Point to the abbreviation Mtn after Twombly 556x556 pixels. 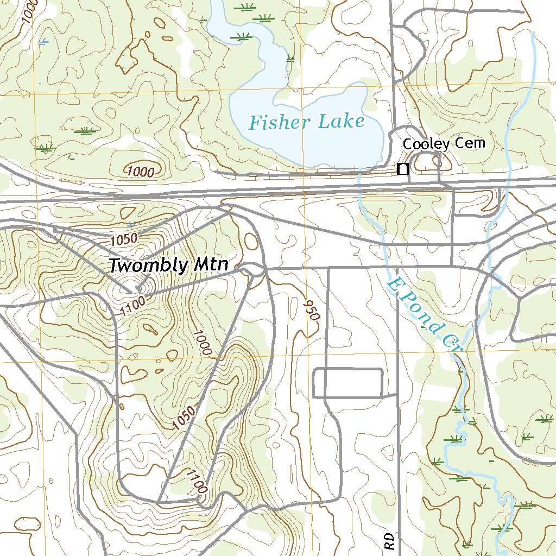210,266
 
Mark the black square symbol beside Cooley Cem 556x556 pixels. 402,169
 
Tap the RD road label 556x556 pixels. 389,541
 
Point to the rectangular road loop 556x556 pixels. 349,383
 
